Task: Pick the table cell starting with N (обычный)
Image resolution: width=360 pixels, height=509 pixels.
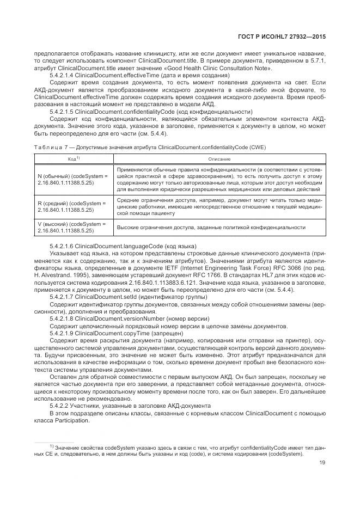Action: (x=73, y=180)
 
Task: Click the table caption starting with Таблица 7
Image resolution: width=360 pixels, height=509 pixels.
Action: (x=150, y=147)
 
